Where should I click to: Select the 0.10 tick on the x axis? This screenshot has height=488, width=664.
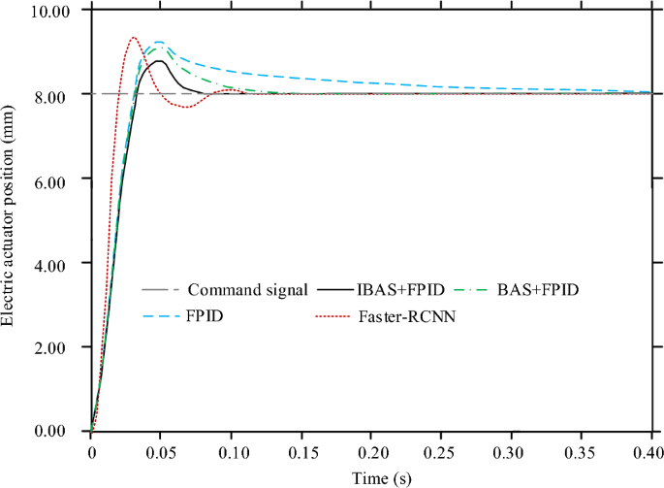[x=232, y=452]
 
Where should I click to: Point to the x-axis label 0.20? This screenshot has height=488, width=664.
[x=371, y=452]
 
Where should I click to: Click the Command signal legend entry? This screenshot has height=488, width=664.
[x=247, y=289]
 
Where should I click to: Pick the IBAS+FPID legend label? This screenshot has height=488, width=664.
[x=401, y=289]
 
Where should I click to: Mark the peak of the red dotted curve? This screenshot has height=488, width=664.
[x=133, y=38]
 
